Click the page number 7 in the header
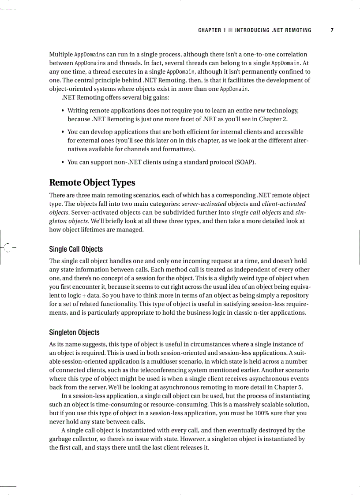[332, 30]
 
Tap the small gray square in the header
[230, 30]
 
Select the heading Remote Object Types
[92, 182]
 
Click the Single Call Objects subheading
[76, 249]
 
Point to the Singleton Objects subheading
[74, 332]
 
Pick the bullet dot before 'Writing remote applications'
[63, 111]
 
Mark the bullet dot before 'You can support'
[63, 162]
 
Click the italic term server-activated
[204, 204]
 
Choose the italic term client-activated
[284, 204]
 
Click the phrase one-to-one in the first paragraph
[248, 54]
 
